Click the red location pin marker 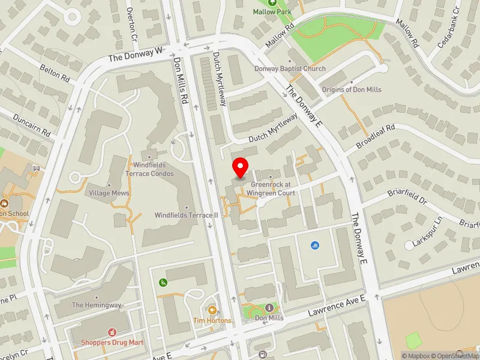pyautogui.click(x=241, y=168)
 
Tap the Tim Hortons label pyautogui.click(x=212, y=320)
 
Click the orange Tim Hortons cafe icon pyautogui.click(x=212, y=310)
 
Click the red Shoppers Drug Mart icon pyautogui.click(x=111, y=332)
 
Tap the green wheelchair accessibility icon pyautogui.click(x=162, y=283)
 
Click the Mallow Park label pyautogui.click(x=272, y=11)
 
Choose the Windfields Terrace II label pyautogui.click(x=186, y=215)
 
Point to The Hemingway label pyautogui.click(x=97, y=305)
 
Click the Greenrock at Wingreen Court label pyautogui.click(x=273, y=188)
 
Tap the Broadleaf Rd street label pyautogui.click(x=376, y=137)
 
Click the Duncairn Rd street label pyautogui.click(x=32, y=124)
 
